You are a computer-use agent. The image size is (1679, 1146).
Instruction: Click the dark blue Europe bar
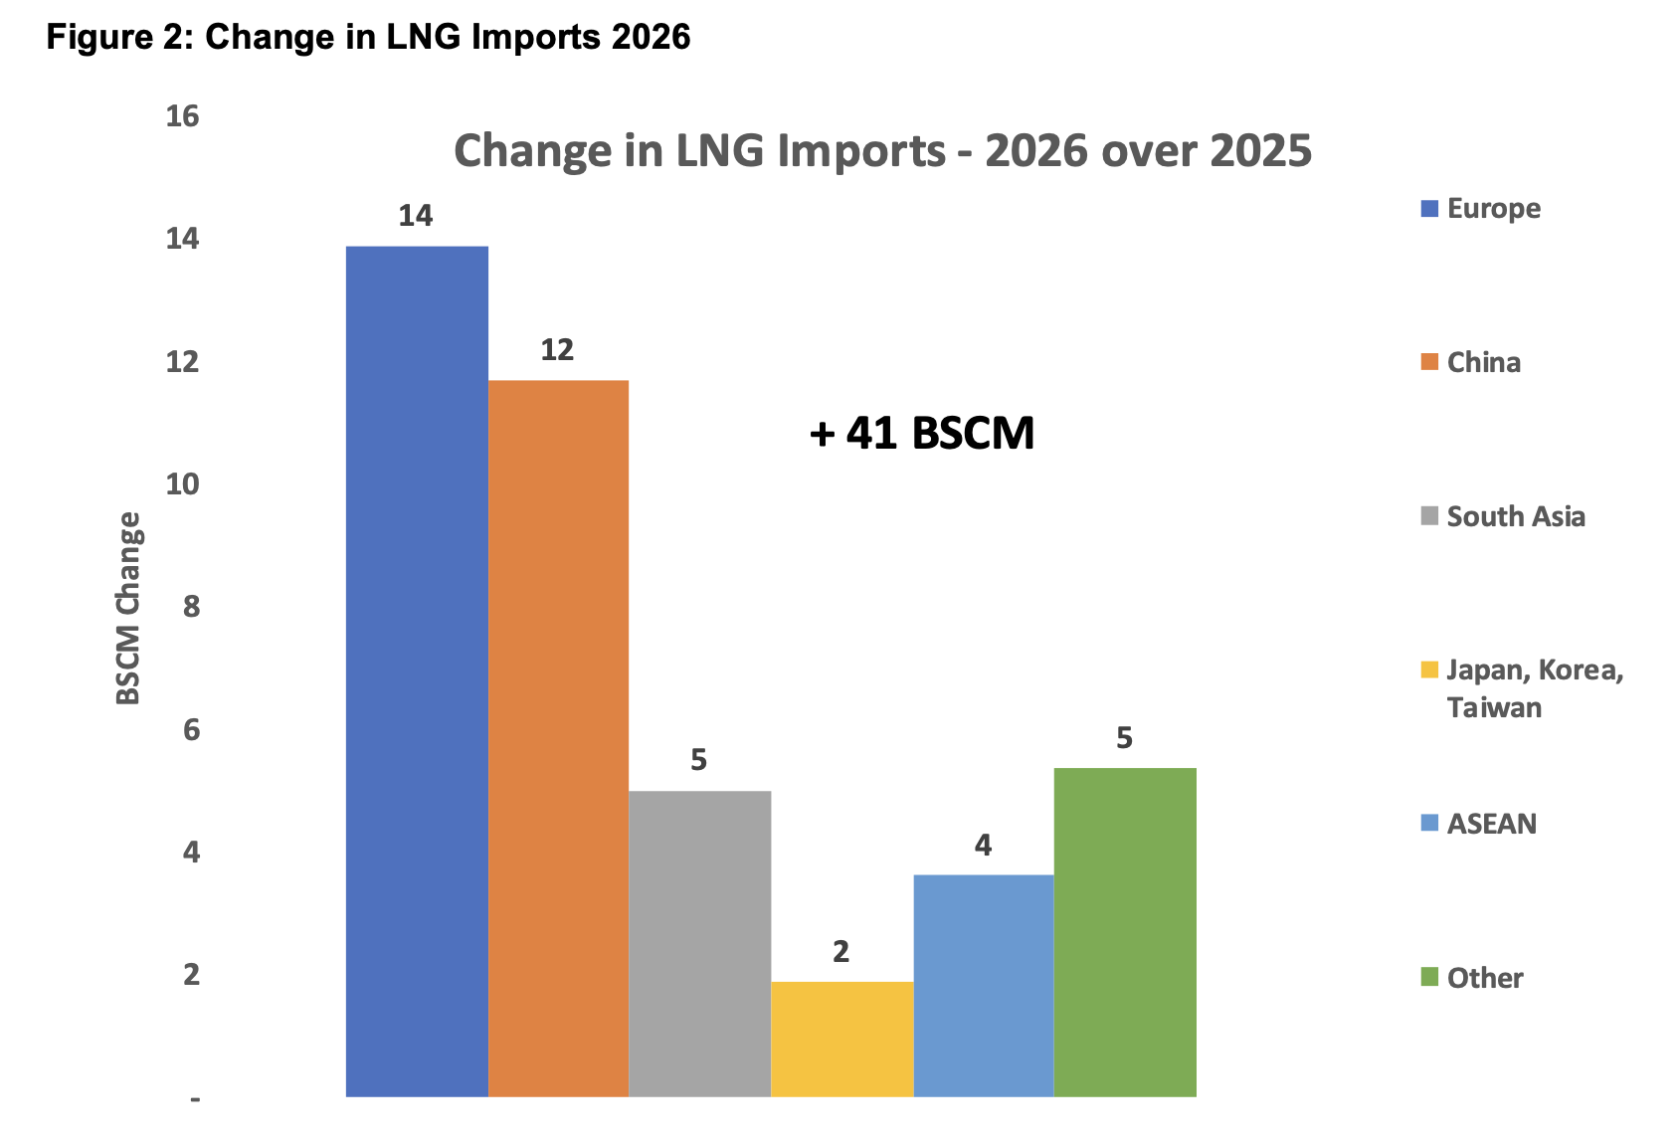(x=417, y=671)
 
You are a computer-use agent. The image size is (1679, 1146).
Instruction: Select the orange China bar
(x=558, y=738)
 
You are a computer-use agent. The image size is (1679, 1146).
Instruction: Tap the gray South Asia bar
(x=699, y=943)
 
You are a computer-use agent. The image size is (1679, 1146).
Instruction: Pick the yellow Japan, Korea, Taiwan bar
(x=841, y=1039)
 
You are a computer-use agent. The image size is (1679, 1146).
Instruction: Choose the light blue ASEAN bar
(x=983, y=985)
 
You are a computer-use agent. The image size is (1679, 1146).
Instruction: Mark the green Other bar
(x=1124, y=932)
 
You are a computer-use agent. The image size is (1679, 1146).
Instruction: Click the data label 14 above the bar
(x=416, y=216)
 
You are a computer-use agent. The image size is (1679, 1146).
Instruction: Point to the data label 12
(x=557, y=350)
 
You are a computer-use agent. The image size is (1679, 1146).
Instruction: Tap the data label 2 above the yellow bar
(x=840, y=952)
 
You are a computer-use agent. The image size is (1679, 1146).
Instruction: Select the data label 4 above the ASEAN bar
(x=983, y=846)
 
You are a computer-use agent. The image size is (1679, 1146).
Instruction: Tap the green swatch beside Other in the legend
(x=1430, y=977)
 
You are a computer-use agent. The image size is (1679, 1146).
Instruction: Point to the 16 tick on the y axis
(x=183, y=117)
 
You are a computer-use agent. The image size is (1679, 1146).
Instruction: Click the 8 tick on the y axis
(x=191, y=607)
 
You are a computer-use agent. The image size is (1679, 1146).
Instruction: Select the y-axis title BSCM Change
(x=129, y=608)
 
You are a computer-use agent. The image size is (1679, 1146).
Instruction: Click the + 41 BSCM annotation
(x=922, y=434)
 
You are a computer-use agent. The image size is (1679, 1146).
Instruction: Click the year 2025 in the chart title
(x=1260, y=151)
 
